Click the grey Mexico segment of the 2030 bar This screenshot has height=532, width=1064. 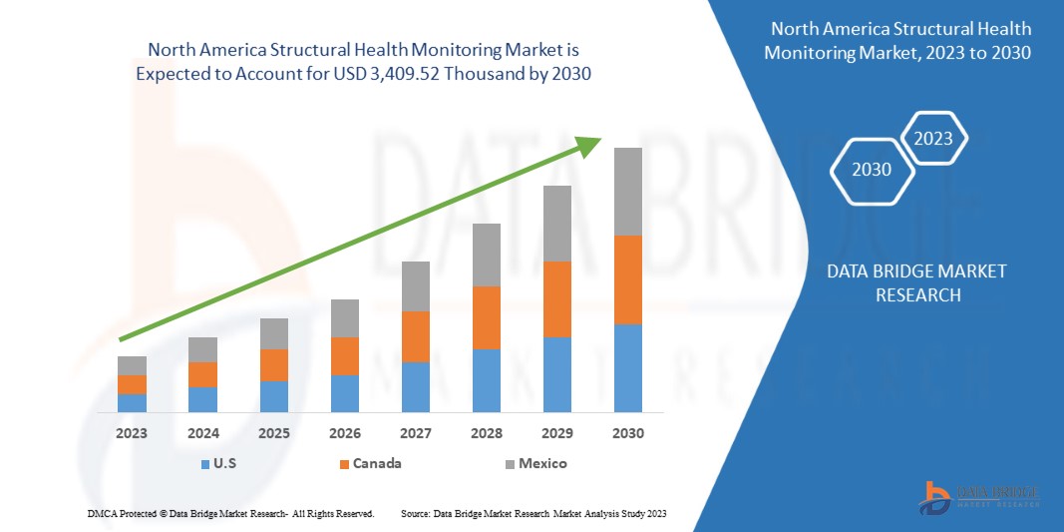(x=627, y=192)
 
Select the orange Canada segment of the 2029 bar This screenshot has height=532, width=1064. (x=556, y=299)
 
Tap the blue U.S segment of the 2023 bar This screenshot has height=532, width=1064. (x=132, y=402)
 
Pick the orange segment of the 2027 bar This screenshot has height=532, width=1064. (x=415, y=336)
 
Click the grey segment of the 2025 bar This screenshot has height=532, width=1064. (x=273, y=333)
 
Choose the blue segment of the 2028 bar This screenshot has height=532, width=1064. (x=486, y=380)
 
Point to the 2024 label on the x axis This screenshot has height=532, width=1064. (x=202, y=434)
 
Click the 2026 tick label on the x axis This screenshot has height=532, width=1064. (x=344, y=434)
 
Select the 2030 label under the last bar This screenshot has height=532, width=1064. (x=627, y=434)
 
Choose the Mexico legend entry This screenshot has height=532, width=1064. (x=541, y=464)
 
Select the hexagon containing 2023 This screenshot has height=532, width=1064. (x=933, y=139)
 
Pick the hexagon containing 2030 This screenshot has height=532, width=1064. (x=872, y=170)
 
